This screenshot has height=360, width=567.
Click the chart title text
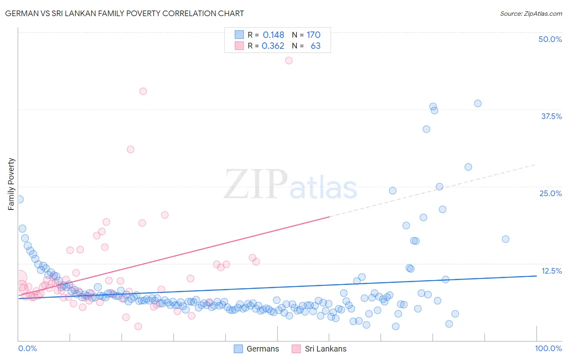124,13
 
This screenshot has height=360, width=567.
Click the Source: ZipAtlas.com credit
531,13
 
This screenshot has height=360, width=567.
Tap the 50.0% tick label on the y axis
550,39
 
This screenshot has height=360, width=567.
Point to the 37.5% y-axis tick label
551,116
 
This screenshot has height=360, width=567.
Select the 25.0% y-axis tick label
550,193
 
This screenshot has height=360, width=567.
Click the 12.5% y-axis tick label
551,271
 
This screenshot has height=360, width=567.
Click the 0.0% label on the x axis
27,348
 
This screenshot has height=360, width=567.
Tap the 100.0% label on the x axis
548,348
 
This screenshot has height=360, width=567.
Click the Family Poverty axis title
11,184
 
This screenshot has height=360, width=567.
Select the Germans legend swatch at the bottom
238,349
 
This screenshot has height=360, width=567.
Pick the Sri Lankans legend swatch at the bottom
296,349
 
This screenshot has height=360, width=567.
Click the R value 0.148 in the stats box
273,35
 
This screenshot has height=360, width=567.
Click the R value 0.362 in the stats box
273,46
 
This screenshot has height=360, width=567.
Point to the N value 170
313,35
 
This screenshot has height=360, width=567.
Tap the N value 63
315,46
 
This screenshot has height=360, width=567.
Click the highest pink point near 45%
289,61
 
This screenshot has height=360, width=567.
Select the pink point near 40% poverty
143,91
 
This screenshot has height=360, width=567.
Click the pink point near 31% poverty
131,149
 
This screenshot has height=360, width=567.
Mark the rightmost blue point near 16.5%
505,239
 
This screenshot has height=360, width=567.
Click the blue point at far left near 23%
19,199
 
